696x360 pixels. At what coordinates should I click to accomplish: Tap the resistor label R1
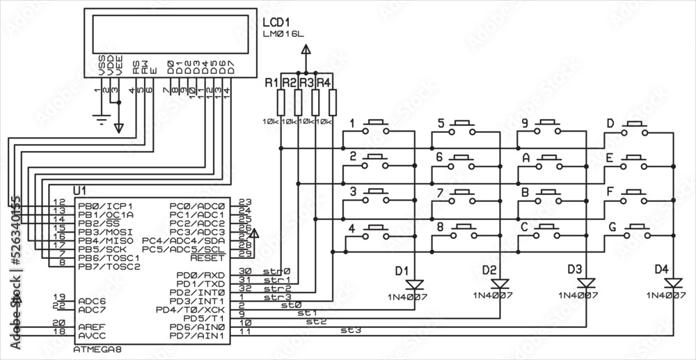click(271, 83)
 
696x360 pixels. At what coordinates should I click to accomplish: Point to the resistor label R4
click(324, 83)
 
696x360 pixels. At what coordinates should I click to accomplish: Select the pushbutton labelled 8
click(464, 230)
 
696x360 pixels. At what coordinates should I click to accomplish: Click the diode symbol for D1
click(416, 284)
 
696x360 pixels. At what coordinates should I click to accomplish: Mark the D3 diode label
click(574, 269)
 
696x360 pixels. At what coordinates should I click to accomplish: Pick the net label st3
click(350, 330)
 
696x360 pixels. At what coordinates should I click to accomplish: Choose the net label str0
click(276, 271)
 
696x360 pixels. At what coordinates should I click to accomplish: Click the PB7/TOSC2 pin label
click(109, 266)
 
